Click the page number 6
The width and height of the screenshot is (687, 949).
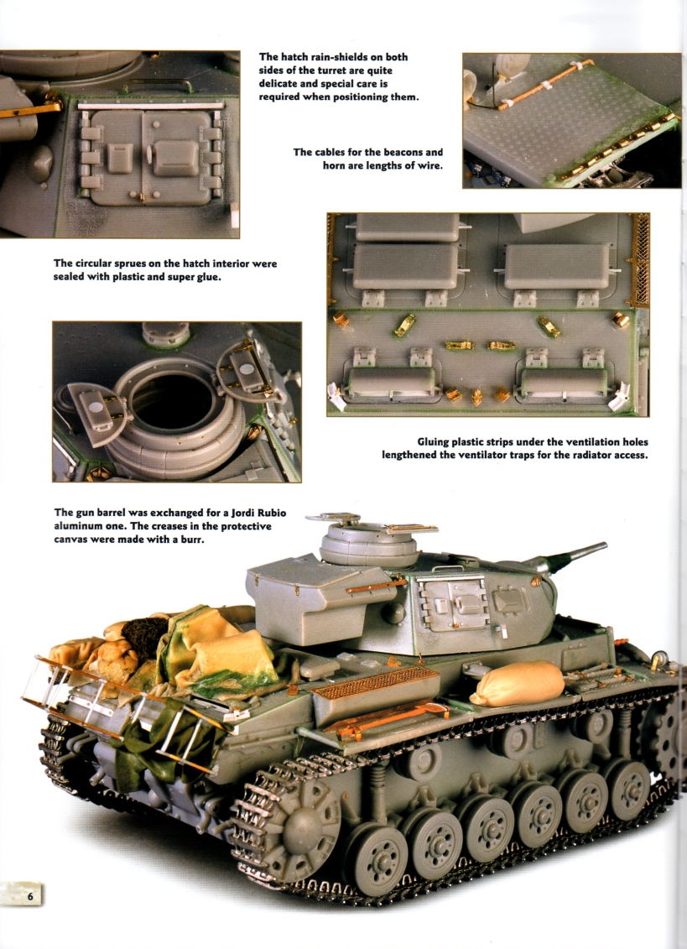[30, 896]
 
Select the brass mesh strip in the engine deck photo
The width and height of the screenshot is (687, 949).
[640, 259]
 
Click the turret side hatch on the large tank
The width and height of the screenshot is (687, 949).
[452, 604]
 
